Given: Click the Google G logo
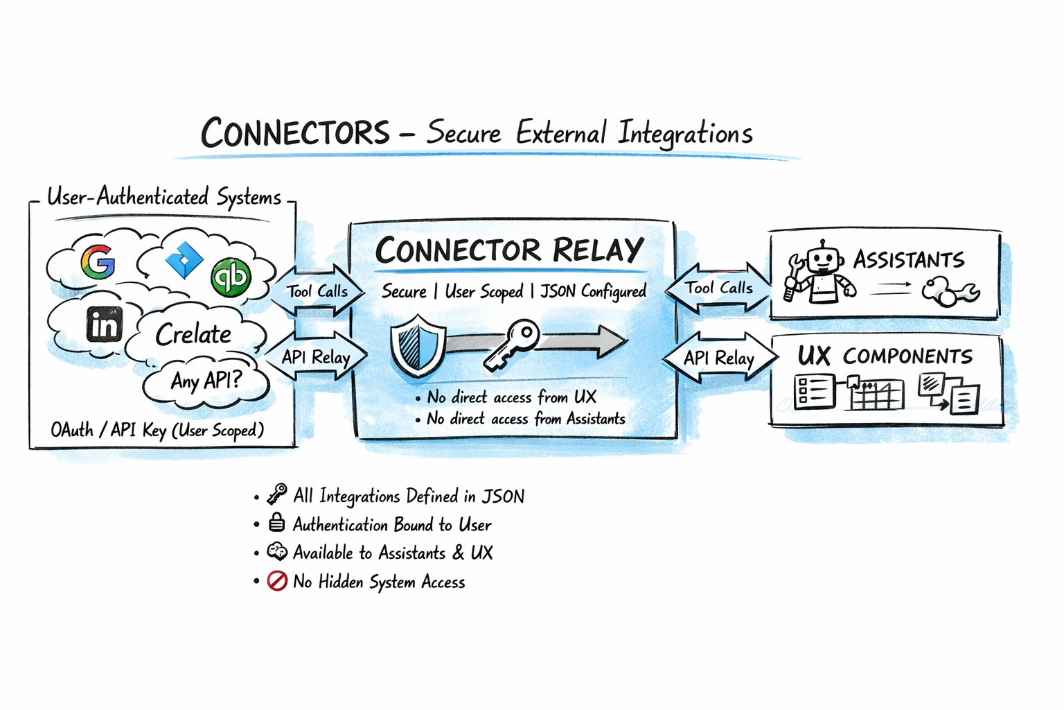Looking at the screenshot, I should (98, 261).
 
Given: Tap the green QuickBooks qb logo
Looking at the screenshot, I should (231, 277).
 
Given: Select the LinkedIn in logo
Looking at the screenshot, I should (105, 324).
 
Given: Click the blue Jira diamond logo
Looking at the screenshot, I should (184, 261).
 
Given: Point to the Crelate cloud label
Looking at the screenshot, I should (193, 335).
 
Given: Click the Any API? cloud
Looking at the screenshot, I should (206, 381).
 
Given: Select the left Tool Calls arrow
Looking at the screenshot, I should (317, 291).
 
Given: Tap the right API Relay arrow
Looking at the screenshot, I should (718, 358).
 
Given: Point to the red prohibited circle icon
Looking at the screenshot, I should (277, 580).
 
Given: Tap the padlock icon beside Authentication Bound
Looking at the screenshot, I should (277, 522).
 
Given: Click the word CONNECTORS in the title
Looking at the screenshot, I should (296, 132).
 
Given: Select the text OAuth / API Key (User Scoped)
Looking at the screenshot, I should (157, 430).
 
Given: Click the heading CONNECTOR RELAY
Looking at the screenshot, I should (509, 250).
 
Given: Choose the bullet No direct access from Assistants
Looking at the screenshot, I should (526, 419).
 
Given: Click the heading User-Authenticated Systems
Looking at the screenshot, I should (164, 198).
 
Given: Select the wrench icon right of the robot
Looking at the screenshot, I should (950, 291).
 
